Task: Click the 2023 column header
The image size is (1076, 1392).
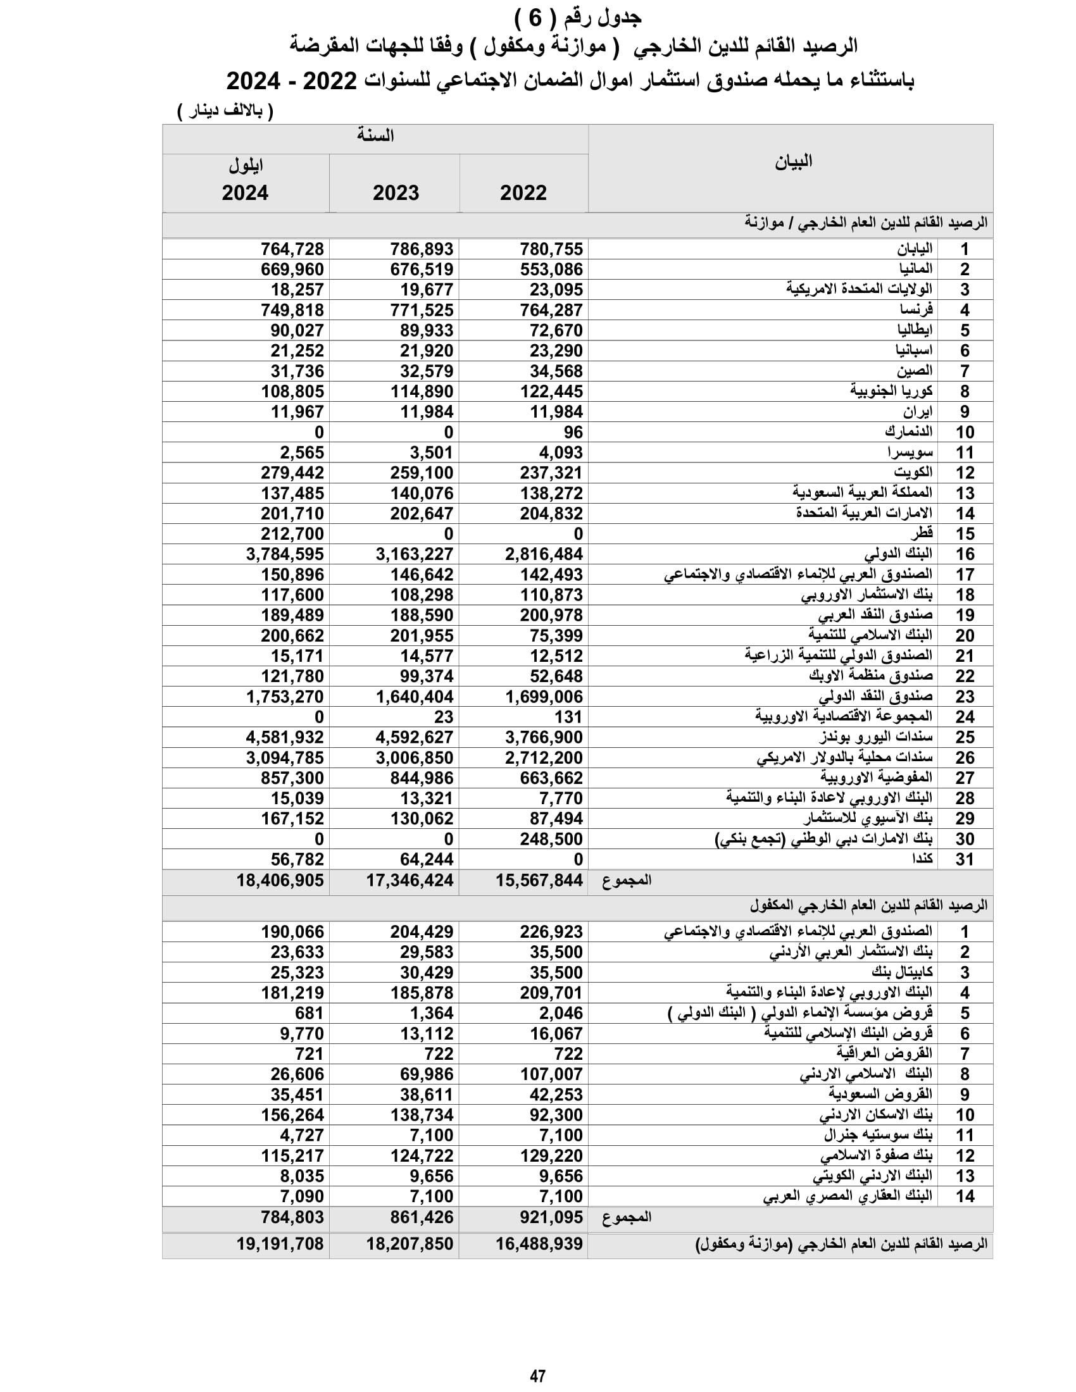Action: coord(396,192)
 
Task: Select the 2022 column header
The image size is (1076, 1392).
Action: coord(523,192)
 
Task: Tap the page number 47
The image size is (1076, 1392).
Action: coord(537,1376)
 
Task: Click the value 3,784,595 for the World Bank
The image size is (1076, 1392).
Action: coord(285,554)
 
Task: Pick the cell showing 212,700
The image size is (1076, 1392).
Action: coord(292,533)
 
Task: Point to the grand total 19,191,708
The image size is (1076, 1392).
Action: coord(280,1243)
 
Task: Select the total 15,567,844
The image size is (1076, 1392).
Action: coord(539,880)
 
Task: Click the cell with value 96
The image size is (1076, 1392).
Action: coord(573,432)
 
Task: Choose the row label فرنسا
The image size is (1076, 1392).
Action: coord(916,310)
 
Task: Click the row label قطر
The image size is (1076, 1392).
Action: coord(922,533)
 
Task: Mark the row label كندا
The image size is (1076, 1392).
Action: coord(922,859)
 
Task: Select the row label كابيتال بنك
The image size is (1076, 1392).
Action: coord(902,972)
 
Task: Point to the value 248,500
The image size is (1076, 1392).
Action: coord(551,839)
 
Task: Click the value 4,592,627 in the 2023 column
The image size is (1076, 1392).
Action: coord(415,737)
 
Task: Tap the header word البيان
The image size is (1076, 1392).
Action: coord(793,162)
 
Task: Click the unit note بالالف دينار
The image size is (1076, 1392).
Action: coord(226,111)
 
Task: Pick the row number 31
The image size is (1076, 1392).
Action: coord(965,859)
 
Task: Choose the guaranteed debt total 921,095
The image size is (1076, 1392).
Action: coord(551,1217)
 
